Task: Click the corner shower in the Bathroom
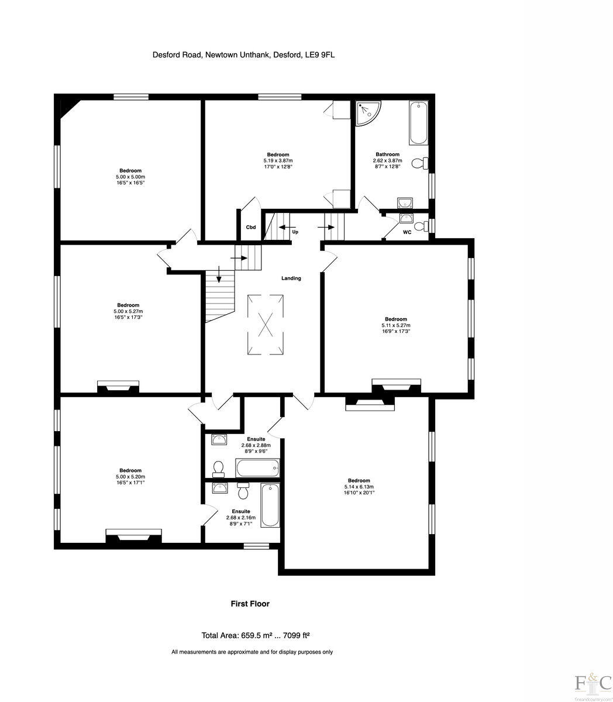point(367,113)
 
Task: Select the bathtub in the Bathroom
point(418,123)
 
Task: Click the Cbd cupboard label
point(250,227)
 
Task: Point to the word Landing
point(291,278)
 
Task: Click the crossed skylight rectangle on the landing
point(267,324)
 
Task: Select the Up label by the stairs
point(295,232)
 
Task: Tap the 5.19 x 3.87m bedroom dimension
point(278,160)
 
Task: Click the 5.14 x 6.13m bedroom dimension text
point(358,486)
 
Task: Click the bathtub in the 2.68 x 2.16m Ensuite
point(270,505)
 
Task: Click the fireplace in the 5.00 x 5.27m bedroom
point(118,386)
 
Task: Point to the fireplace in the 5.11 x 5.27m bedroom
point(397,384)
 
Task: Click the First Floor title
point(250,604)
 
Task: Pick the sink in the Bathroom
point(404,202)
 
